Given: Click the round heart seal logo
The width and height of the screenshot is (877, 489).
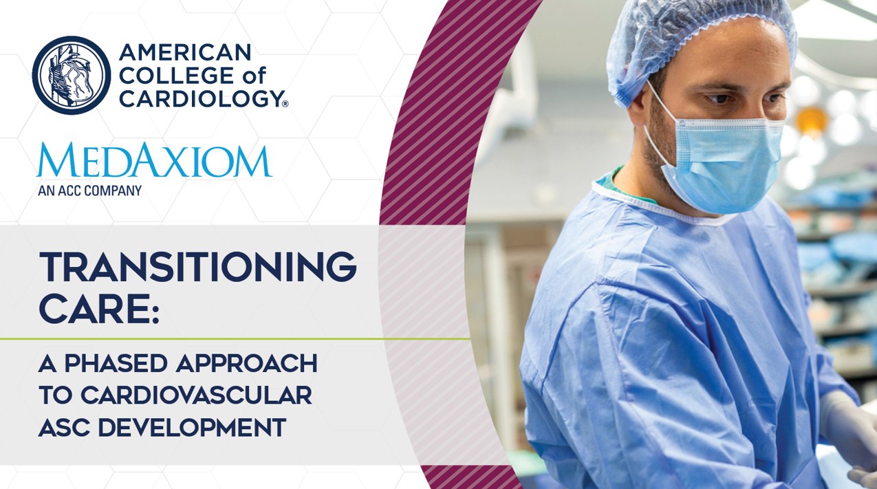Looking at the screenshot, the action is pos(72,75).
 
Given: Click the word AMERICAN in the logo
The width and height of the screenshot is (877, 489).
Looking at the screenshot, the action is pos(185,52).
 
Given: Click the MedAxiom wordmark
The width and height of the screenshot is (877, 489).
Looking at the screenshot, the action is pos(154,160).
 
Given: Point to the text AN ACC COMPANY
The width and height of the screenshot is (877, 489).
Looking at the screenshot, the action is pos(89,191).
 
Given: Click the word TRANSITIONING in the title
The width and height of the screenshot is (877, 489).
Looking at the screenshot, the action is pos(197,267).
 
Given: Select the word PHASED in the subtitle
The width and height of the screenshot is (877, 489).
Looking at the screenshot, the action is pos(116,363).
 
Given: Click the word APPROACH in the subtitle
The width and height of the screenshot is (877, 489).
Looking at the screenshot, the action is pos(247,363).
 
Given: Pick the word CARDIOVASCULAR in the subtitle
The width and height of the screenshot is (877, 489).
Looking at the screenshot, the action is pos(197,395).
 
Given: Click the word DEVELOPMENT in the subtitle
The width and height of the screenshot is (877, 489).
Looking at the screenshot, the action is pos(192,427).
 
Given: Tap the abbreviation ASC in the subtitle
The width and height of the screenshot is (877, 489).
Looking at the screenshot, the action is pos(64,427).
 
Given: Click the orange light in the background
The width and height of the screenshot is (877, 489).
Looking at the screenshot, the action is pos(810,120).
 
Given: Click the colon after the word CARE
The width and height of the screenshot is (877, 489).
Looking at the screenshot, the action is pos(155,313).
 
